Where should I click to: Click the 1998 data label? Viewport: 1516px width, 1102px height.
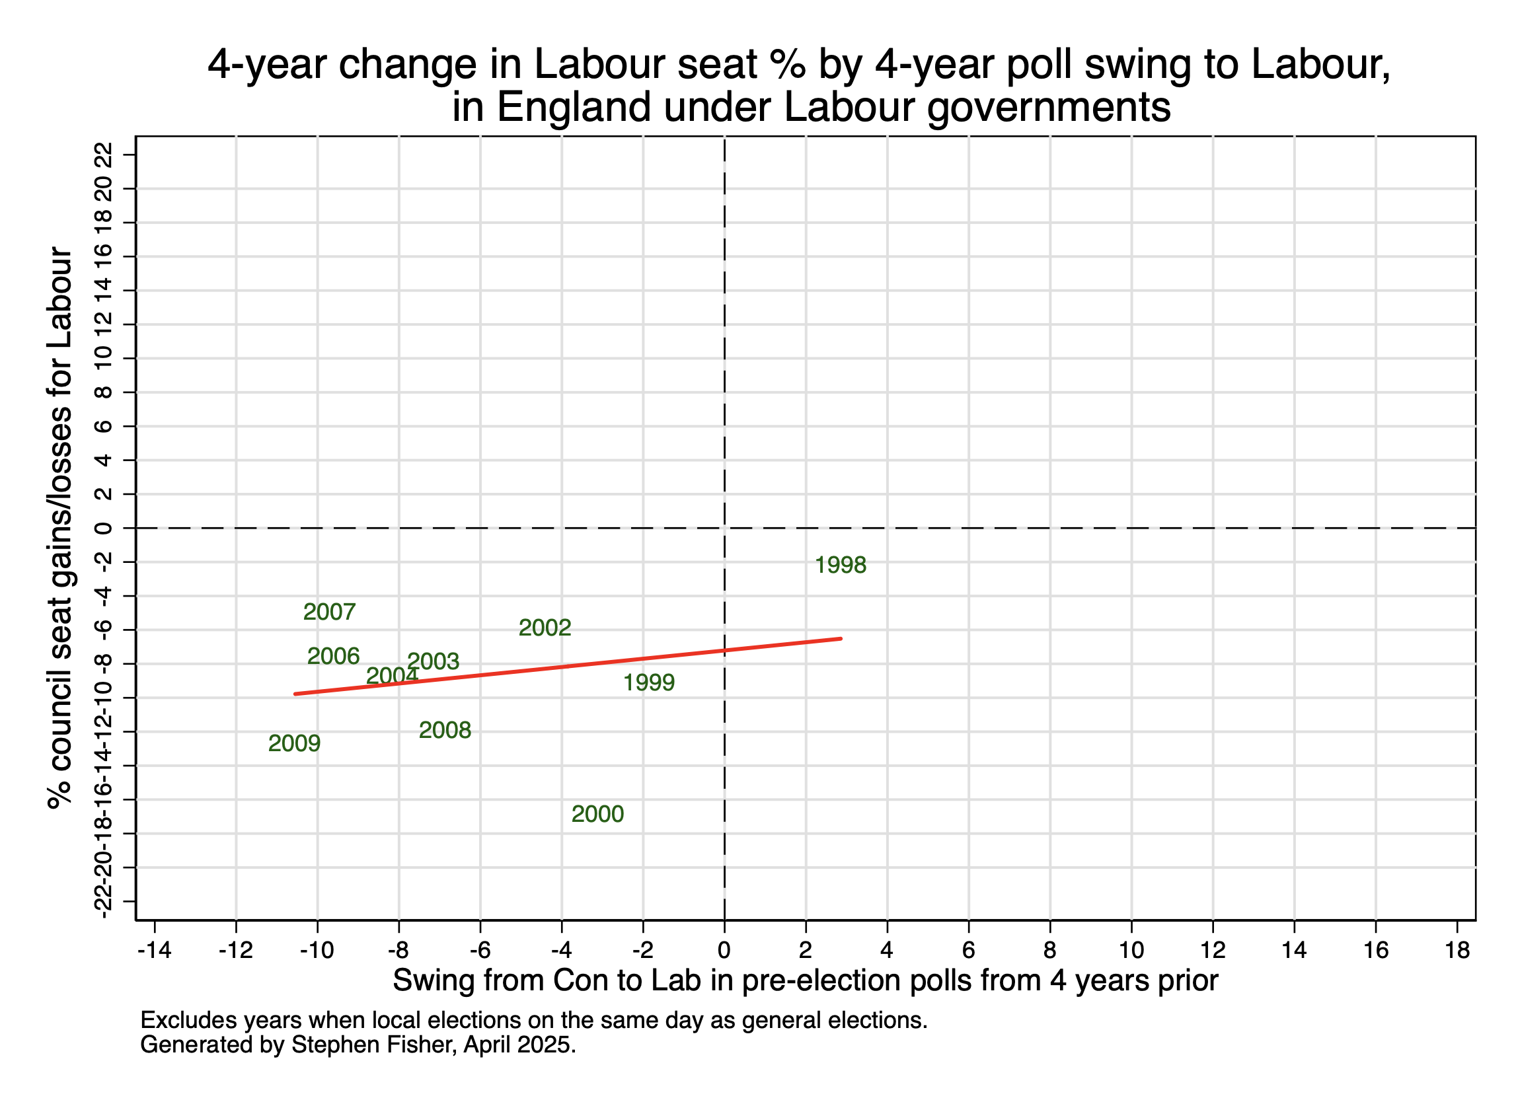coord(840,566)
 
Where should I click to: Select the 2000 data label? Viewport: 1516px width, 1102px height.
coord(597,814)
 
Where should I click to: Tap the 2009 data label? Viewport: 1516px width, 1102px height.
coord(294,743)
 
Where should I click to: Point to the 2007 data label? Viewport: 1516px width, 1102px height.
coord(329,612)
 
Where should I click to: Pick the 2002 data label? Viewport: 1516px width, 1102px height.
coord(545,628)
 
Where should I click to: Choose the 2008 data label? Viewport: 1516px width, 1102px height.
coord(445,730)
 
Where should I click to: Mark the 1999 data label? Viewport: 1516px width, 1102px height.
coord(648,682)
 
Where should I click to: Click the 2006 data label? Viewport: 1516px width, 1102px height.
coord(333,655)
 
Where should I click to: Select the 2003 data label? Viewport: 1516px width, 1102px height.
coord(434,661)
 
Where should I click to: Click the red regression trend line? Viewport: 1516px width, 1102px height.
coord(568,666)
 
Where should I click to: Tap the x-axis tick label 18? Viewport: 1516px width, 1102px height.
coord(1457,949)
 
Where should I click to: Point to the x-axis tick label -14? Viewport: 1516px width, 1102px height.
coord(155,949)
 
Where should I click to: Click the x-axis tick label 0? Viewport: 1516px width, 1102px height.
coord(724,949)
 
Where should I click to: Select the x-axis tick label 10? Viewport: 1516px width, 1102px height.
coord(1131,949)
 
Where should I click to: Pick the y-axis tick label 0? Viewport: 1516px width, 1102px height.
coord(103,529)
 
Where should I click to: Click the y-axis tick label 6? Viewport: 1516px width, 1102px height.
coord(103,426)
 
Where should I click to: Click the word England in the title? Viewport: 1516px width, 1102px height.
coord(574,107)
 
